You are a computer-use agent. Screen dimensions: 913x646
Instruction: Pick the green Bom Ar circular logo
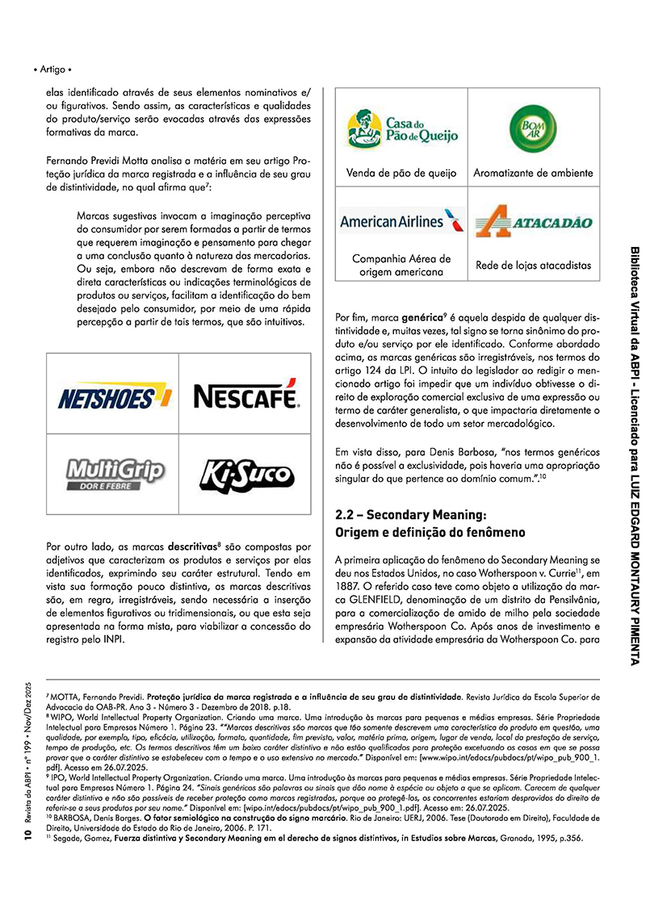pos(533,128)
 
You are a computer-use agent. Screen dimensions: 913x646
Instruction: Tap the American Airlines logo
pos(401,221)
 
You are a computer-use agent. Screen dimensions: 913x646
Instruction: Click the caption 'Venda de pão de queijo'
pos(401,173)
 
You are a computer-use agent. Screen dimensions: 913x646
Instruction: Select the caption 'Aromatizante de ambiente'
pos(533,173)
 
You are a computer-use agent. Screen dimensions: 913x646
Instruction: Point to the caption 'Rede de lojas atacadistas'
pos(533,265)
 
